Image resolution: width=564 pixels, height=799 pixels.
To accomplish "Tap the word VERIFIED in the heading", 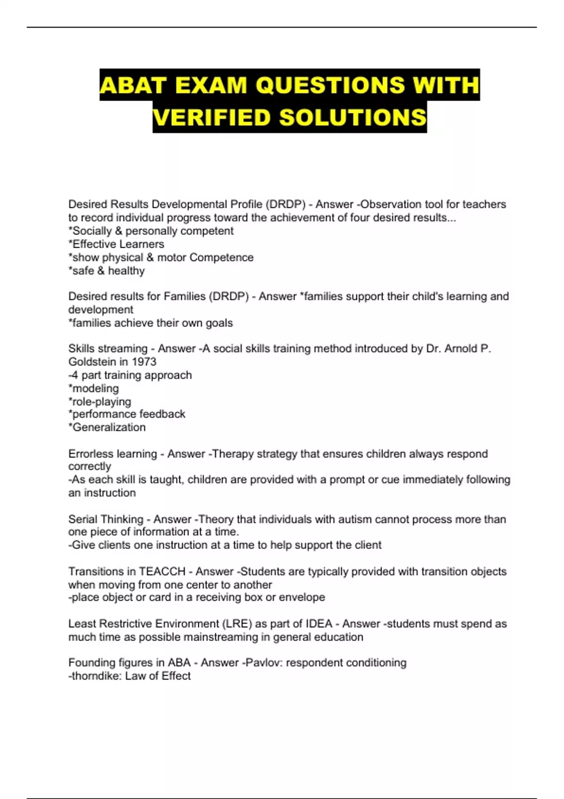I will [212, 117].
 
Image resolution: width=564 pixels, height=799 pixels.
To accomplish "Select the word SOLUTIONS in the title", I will [352, 117].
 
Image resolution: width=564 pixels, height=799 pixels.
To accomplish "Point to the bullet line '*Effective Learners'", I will [116, 244].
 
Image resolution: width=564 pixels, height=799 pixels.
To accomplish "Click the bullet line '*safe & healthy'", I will [106, 271].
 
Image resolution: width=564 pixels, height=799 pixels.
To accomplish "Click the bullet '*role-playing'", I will [100, 402].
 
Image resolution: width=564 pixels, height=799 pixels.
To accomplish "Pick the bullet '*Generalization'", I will [107, 427].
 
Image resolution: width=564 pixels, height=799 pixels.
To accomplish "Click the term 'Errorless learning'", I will [112, 454].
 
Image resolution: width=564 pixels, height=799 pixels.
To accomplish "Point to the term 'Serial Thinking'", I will [106, 519].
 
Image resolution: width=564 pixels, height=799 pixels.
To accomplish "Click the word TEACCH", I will [162, 572].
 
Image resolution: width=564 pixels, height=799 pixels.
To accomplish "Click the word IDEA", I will [319, 624].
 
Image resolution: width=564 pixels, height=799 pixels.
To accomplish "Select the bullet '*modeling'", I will [94, 389].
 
